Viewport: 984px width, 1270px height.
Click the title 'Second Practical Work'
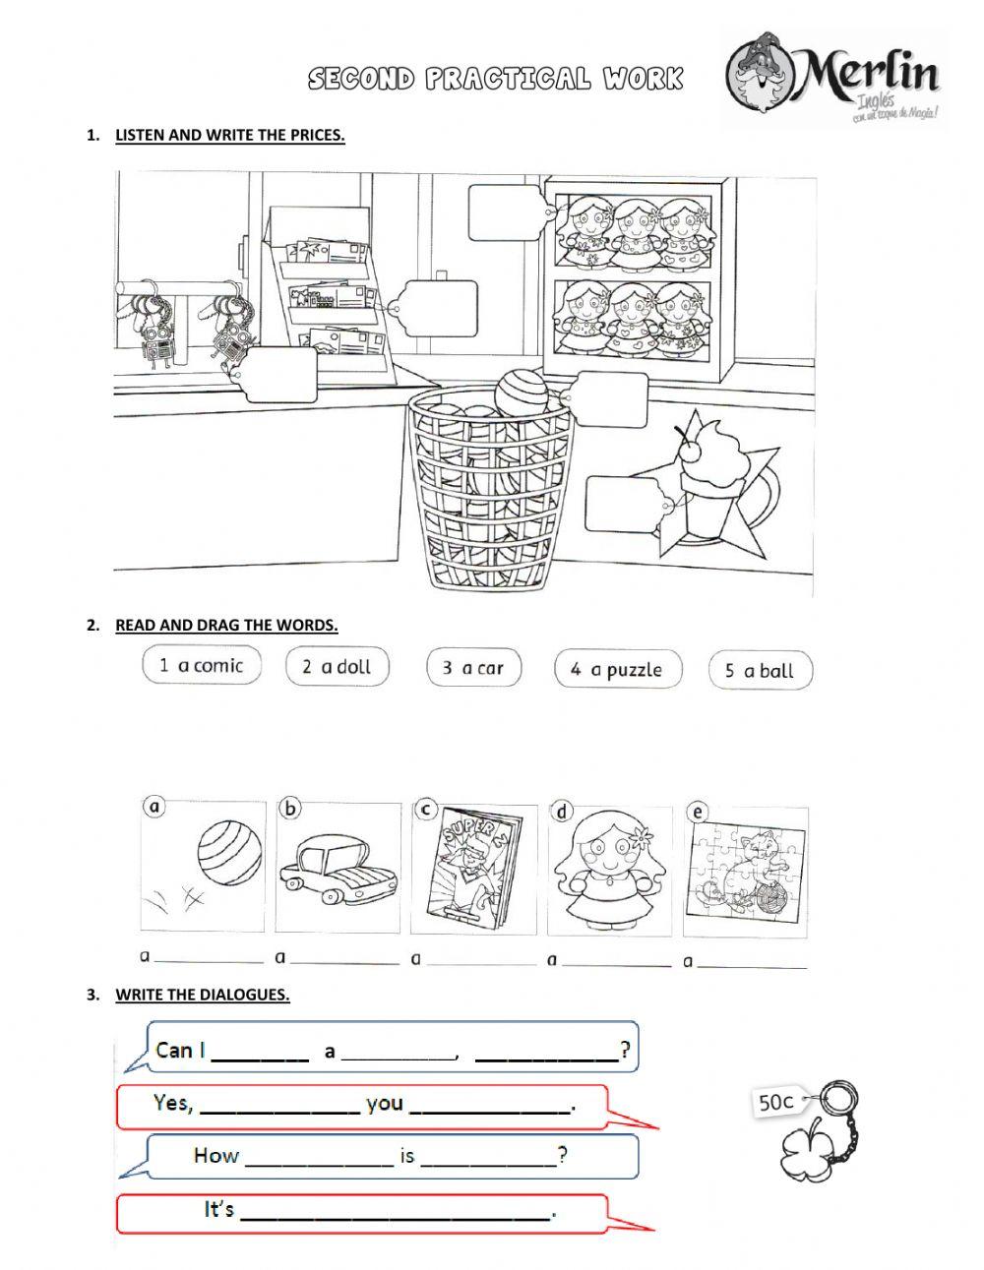coord(495,80)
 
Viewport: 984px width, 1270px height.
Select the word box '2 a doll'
coord(337,667)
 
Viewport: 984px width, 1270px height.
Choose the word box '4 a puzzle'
coord(615,670)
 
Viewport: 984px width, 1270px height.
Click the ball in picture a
coord(223,854)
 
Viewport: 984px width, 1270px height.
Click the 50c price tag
coord(774,1103)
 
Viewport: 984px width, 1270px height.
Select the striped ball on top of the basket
coord(525,394)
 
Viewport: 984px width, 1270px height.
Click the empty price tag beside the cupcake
coord(619,504)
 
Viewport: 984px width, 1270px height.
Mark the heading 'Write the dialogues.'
coord(202,995)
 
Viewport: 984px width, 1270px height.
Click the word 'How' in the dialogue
coord(215,1155)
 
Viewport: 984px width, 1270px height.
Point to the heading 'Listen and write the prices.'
coord(229,136)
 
